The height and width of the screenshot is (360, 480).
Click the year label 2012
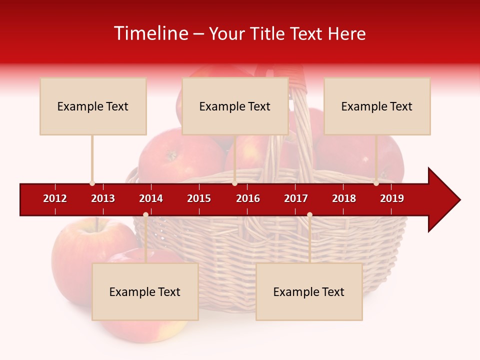(55, 198)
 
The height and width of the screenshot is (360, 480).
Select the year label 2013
(103, 198)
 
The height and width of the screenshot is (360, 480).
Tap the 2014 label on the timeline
(151, 198)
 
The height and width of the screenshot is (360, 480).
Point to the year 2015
(199, 198)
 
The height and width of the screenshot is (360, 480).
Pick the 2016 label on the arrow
(248, 198)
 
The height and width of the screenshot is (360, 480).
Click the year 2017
(296, 198)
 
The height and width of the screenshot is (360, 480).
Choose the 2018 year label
(344, 198)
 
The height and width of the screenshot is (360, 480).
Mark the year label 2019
(392, 198)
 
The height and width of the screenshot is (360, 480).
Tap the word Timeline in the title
(150, 33)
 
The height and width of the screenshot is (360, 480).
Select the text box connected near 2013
(93, 106)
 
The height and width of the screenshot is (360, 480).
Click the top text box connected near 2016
(235, 106)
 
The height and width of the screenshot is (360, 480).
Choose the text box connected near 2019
(377, 106)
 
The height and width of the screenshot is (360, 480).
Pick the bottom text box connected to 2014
(145, 291)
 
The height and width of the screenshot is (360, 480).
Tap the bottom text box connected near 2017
(309, 291)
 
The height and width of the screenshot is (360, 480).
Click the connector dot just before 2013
(92, 183)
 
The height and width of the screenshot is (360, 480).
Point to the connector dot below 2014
(145, 215)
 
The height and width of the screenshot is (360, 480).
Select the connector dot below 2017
(309, 215)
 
